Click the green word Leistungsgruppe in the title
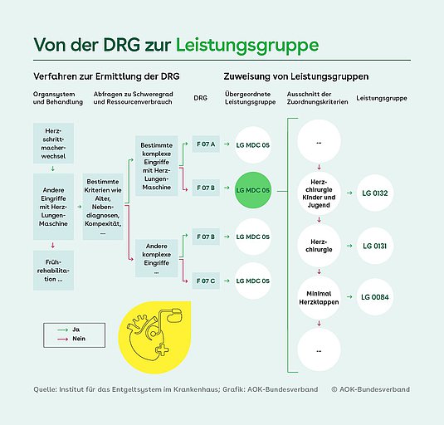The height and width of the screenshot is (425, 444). coord(247,46)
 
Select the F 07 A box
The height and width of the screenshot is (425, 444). coord(206,144)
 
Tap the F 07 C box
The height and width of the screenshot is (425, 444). coord(206,281)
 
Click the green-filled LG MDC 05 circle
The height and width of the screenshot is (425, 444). coord(253,190)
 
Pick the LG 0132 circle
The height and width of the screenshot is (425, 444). coord(375,193)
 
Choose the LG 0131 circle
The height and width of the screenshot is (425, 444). coord(375,246)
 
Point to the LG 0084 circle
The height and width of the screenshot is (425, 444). coord(375,297)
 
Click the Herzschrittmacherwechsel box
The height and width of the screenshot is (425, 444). coord(53,144)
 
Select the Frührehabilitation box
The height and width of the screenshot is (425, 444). coord(53,271)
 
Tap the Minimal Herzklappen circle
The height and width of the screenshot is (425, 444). coord(319,298)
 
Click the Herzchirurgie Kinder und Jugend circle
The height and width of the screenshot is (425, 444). coord(319,193)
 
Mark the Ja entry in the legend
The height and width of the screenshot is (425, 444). coord(68,330)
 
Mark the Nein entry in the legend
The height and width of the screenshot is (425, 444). coord(71,339)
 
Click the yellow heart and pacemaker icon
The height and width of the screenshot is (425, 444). coord(154,337)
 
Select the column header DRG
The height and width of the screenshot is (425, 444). coord(201,98)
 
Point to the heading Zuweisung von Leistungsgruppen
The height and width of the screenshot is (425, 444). coord(296,76)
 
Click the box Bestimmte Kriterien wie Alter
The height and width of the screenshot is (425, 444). coord(103,207)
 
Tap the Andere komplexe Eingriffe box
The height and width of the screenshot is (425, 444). coord(157,258)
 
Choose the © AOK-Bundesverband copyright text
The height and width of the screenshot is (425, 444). coord(371,389)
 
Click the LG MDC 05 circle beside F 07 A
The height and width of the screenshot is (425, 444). coord(253,145)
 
